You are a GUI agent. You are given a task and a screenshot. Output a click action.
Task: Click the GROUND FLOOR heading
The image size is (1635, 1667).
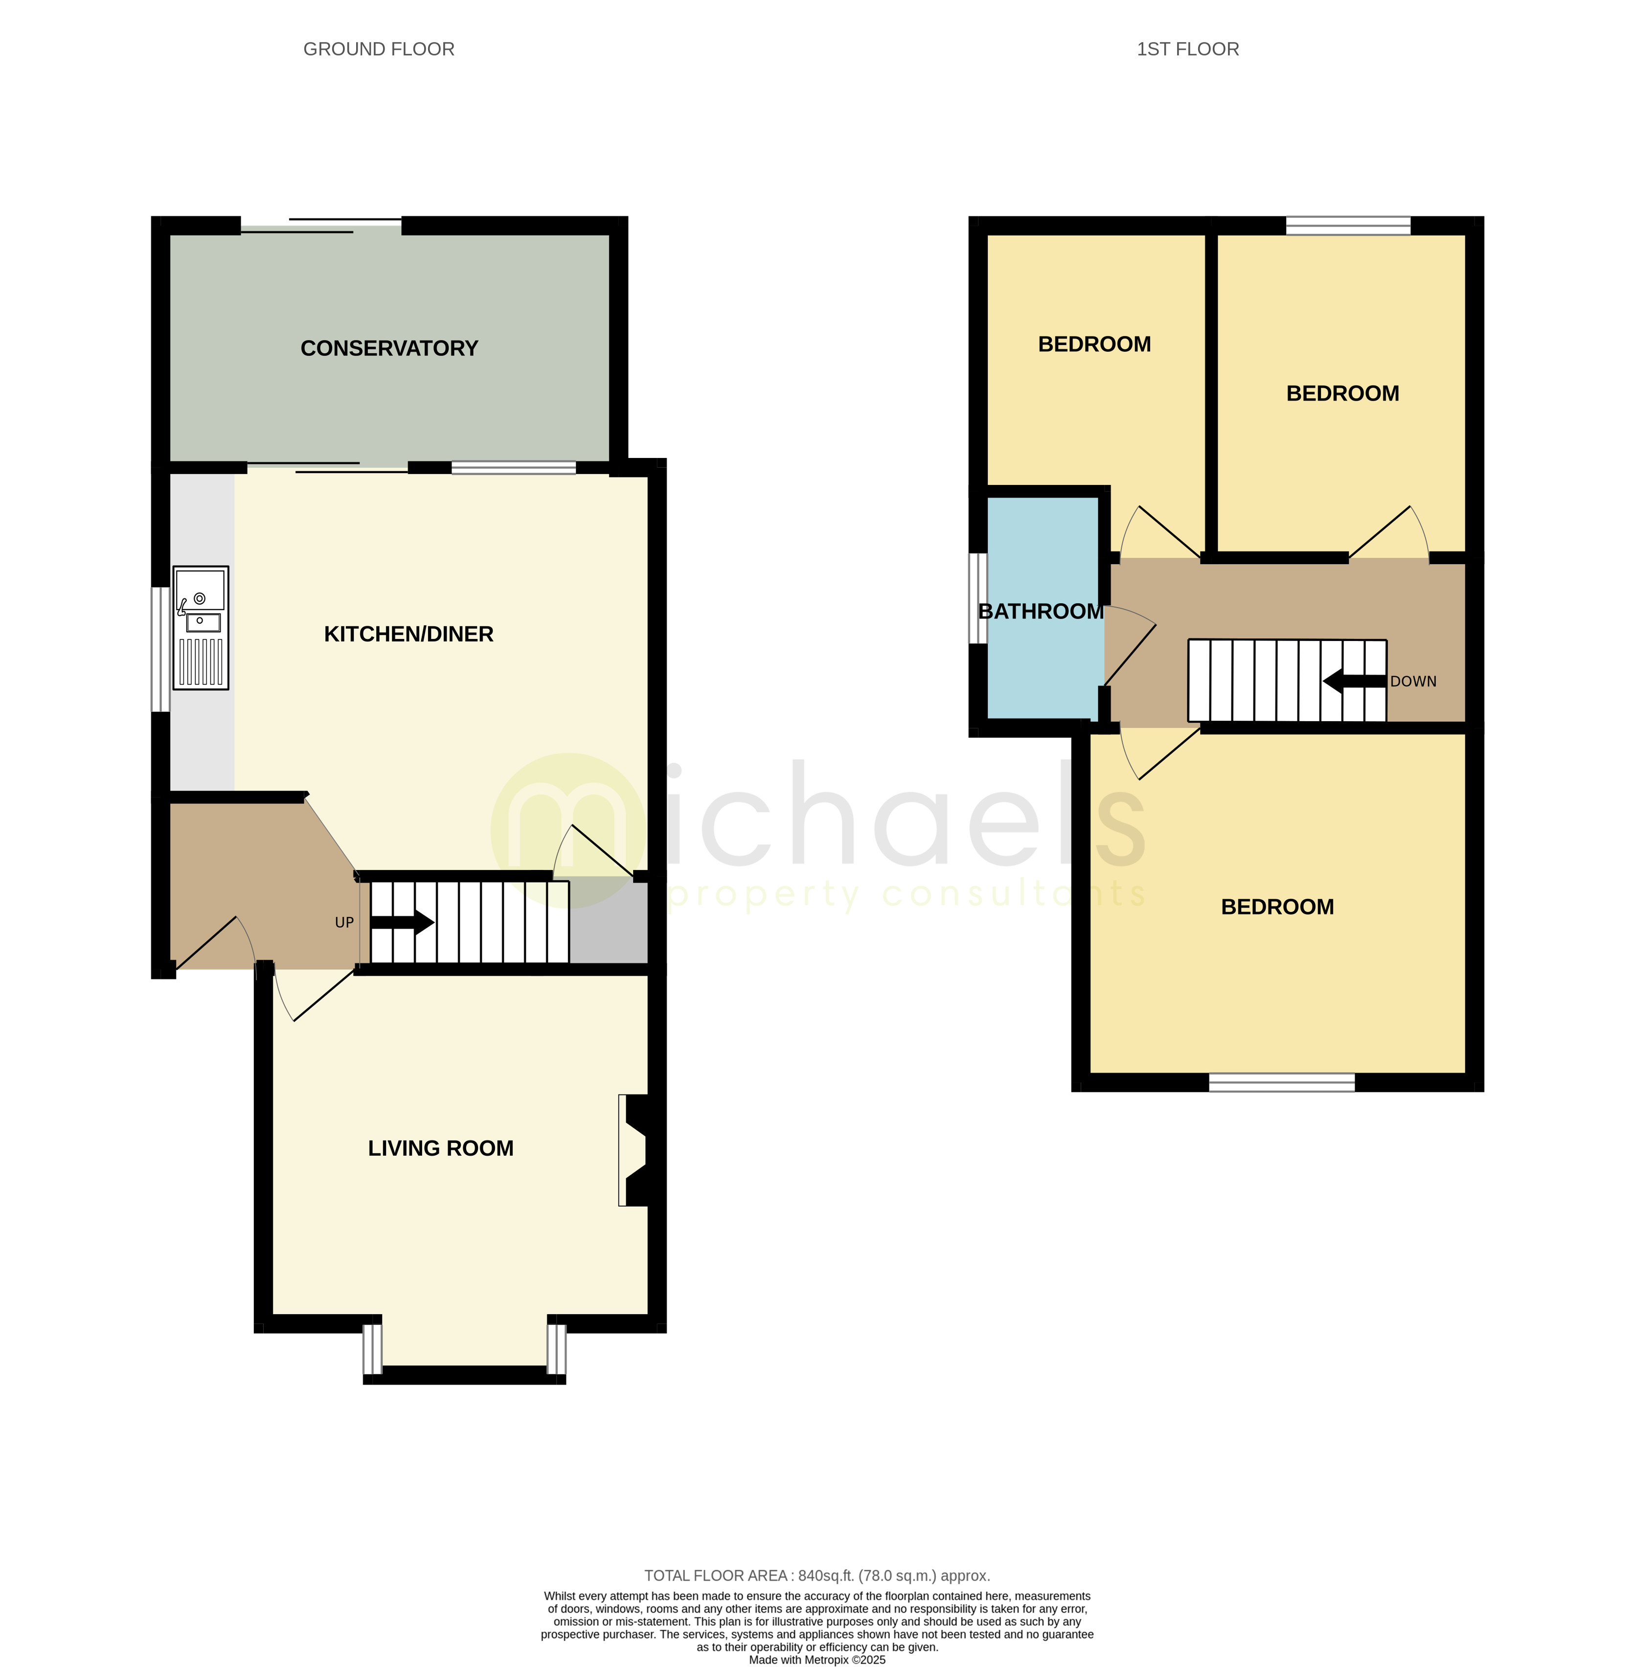379,49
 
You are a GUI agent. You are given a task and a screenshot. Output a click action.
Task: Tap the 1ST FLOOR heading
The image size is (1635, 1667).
1188,49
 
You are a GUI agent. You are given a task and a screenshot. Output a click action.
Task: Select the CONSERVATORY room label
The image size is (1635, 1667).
389,348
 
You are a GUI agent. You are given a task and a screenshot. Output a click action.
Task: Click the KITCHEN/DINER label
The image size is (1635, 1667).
409,634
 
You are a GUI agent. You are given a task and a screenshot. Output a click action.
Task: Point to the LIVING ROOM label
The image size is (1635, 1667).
440,1148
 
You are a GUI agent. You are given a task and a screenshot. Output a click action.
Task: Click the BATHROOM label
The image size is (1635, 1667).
1041,612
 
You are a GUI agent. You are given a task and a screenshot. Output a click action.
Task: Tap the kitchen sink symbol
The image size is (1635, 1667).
201,628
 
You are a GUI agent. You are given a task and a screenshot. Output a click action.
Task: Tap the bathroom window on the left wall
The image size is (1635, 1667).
978,598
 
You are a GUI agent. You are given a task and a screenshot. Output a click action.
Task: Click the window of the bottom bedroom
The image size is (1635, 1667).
1282,1082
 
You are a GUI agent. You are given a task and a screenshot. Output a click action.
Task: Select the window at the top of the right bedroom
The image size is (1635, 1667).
1348,226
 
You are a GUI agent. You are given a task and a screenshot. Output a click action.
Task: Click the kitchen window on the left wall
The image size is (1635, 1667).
160,649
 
